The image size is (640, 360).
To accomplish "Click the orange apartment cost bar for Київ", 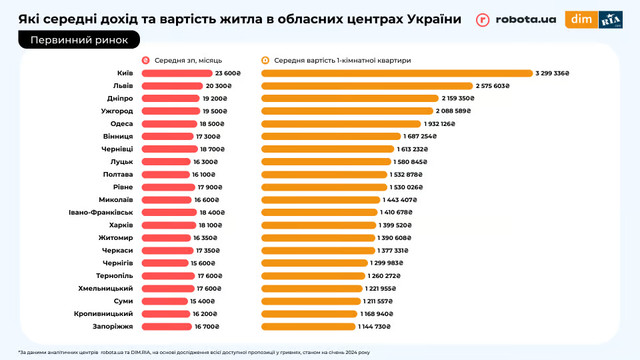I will (397, 73).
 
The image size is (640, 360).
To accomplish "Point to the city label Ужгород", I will (118, 111).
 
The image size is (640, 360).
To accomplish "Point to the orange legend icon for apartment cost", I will (265, 60).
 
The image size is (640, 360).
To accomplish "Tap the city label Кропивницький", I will (106, 313).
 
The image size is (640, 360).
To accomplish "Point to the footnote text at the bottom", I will (200, 351).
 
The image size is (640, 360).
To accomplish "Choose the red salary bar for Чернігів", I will (162, 263).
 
